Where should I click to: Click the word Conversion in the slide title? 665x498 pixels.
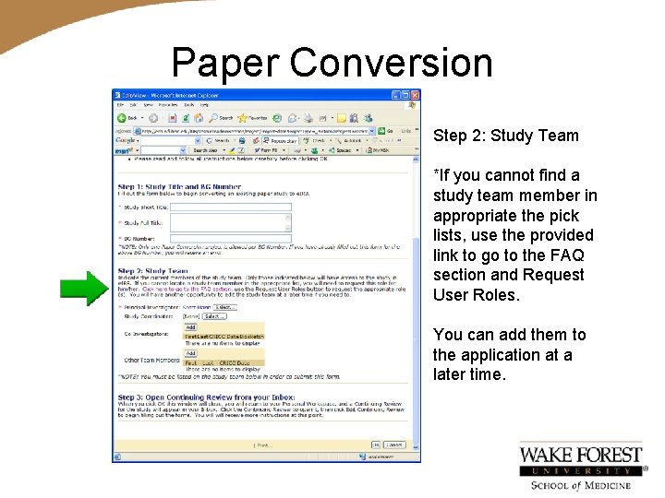(391, 63)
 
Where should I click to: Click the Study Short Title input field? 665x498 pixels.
(218, 207)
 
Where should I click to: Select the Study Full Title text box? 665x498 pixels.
(218, 221)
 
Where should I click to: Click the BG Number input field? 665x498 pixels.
(218, 237)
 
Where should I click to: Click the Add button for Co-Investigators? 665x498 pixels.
(190, 326)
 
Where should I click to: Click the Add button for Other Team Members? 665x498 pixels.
(190, 353)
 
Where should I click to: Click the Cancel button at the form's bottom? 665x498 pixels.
(394, 445)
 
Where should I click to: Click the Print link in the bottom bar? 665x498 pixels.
(263, 445)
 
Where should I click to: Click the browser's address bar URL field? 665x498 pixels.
(259, 130)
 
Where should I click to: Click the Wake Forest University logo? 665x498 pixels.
(581, 467)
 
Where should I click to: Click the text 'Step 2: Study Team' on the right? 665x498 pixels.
(506, 136)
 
